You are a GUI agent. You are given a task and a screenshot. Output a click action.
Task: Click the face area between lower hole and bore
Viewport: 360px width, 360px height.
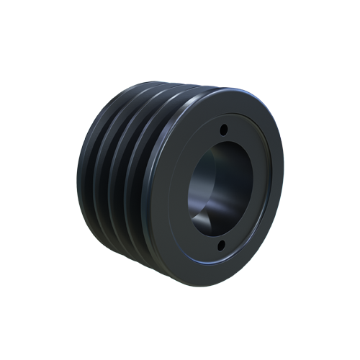(x=220, y=234)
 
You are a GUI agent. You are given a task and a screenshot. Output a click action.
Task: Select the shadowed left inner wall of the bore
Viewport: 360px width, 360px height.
(x=196, y=180)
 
